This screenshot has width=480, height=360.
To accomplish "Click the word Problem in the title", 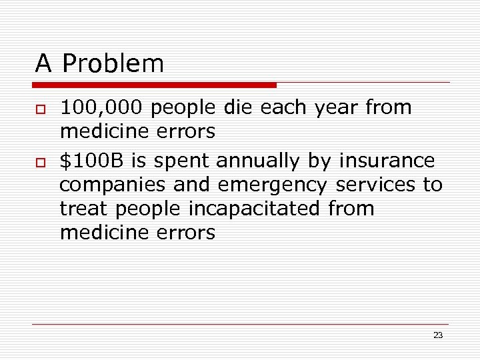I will tap(113, 64).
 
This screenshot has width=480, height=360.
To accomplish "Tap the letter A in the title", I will tap(43, 64).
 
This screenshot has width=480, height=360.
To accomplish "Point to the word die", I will tap(238, 107).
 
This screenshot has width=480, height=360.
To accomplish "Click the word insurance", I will tap(387, 161).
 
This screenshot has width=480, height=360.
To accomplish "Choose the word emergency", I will tap(273, 185).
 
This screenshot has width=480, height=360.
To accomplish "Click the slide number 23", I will tap(438, 335).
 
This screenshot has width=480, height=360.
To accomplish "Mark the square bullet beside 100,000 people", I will tap(41, 109).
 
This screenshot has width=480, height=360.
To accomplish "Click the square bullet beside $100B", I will tap(41, 162).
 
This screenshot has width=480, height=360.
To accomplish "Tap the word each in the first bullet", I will tap(281, 107).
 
